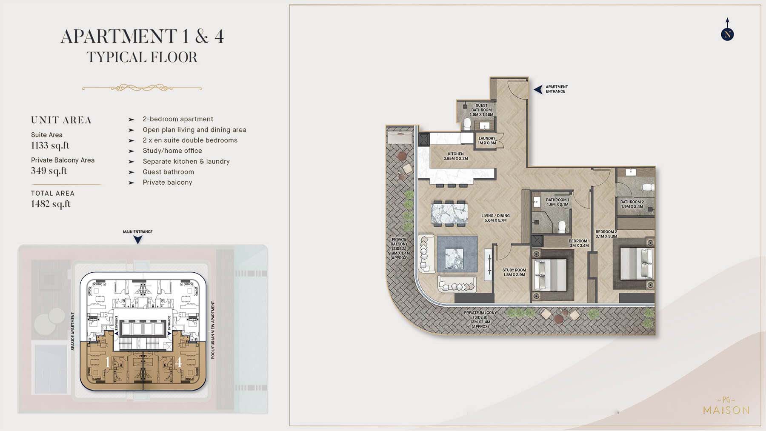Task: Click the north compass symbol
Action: pos(727,34)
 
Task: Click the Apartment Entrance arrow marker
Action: pos(538,89)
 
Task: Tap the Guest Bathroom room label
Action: pos(481,110)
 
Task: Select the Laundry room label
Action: pos(487,140)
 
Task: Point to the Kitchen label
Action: pos(456,156)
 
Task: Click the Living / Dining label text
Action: pos(495,218)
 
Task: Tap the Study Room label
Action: pos(514,272)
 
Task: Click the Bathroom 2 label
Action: pos(632,204)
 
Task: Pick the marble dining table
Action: pos(449,213)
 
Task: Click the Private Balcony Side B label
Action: pos(480,320)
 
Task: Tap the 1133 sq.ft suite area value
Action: pos(50,146)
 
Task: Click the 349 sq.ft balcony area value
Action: pos(49,171)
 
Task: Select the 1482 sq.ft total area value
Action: pos(51,204)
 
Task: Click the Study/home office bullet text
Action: pos(172,151)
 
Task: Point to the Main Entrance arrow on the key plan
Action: pos(137,240)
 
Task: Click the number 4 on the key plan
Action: pos(178,362)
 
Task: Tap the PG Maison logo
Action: pos(726,406)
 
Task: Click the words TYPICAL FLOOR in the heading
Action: pos(142,57)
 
